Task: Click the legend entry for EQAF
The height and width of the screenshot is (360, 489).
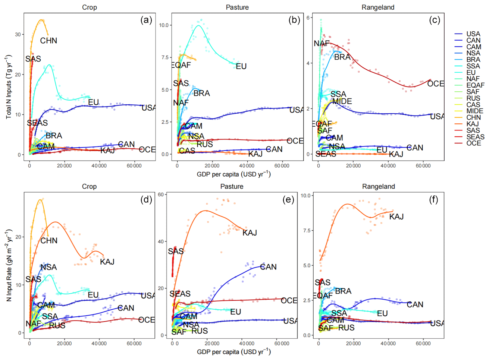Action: (x=475, y=85)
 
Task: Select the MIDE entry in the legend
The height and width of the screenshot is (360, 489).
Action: (x=474, y=111)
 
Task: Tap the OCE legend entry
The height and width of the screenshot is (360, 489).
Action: (x=474, y=143)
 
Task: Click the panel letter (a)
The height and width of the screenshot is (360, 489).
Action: (x=146, y=20)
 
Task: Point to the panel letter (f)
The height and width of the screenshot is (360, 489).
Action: (x=433, y=200)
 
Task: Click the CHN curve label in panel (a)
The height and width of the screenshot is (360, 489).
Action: (x=48, y=41)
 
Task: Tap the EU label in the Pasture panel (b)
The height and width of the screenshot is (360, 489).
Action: (x=241, y=66)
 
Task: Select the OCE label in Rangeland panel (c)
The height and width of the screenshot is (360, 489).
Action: (x=435, y=83)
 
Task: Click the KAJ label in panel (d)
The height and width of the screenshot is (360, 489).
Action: (x=107, y=262)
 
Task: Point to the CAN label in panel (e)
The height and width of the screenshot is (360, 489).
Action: (x=269, y=267)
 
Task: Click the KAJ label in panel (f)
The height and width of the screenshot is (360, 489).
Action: (x=396, y=217)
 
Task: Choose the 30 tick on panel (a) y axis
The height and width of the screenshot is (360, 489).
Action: (x=18, y=34)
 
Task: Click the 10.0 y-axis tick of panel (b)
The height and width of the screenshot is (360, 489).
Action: (x=164, y=25)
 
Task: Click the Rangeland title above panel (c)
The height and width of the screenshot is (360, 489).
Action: (x=378, y=7)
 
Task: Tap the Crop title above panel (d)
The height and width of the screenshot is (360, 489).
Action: (x=89, y=187)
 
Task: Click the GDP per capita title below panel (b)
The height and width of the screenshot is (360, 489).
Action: (x=233, y=174)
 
